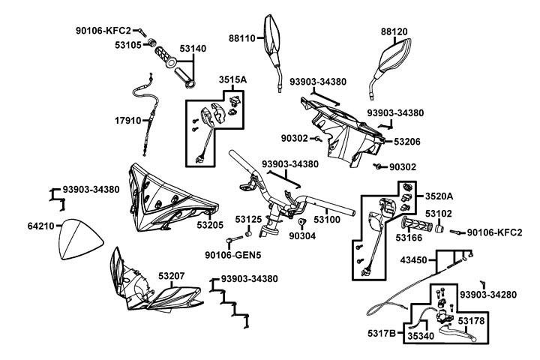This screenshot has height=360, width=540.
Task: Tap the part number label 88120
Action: click(397, 33)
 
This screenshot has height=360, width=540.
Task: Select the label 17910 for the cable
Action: click(129, 120)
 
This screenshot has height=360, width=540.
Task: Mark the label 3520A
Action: click(440, 196)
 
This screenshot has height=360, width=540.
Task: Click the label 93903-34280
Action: click(488, 295)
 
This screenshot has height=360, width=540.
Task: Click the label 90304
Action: click(301, 235)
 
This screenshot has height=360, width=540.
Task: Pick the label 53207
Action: click(172, 277)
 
